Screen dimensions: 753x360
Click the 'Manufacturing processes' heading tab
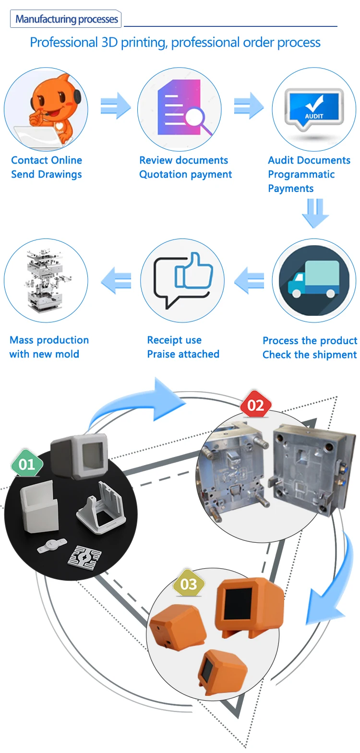66,19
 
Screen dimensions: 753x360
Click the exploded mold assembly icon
46,280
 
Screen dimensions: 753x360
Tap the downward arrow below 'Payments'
315,213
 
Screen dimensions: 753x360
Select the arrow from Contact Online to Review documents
116,106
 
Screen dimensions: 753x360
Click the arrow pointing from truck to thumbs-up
249,280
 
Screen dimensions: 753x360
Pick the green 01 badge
27,464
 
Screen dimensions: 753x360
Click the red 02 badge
255,406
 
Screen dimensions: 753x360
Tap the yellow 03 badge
189,584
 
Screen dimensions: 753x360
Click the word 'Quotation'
163,174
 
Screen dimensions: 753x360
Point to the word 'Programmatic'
301,174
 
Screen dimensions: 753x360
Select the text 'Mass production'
49,340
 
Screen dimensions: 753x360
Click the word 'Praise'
161,354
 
